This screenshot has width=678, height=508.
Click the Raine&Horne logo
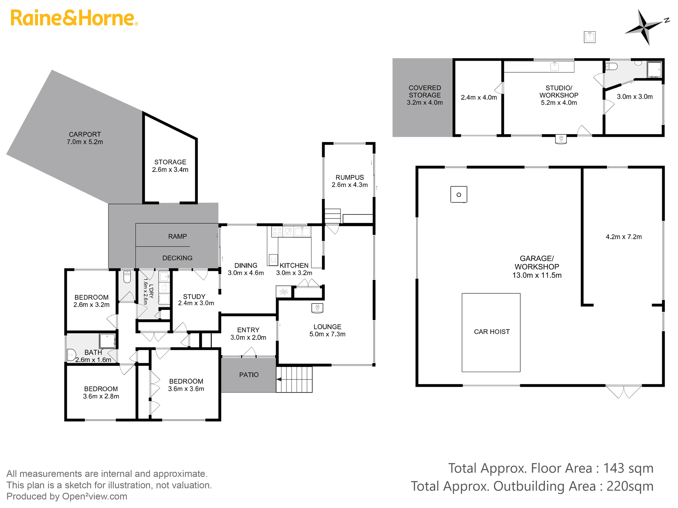click(x=74, y=18)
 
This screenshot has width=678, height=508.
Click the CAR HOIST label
click(x=492, y=332)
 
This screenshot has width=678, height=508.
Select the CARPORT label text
click(x=85, y=134)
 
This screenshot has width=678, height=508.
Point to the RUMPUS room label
click(x=350, y=177)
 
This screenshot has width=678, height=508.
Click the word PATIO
click(x=249, y=375)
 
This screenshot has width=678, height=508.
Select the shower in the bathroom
click(x=107, y=341)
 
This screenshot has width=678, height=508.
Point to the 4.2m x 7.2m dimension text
click(x=624, y=237)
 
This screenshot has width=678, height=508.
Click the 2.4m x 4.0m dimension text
click(x=479, y=97)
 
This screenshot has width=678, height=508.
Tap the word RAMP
click(x=178, y=236)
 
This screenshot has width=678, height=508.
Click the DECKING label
click(x=178, y=258)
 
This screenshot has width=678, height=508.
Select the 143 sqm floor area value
click(x=628, y=468)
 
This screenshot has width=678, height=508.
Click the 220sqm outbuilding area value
click(x=630, y=486)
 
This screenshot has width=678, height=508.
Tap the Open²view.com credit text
click(x=95, y=496)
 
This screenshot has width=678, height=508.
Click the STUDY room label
click(x=194, y=297)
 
